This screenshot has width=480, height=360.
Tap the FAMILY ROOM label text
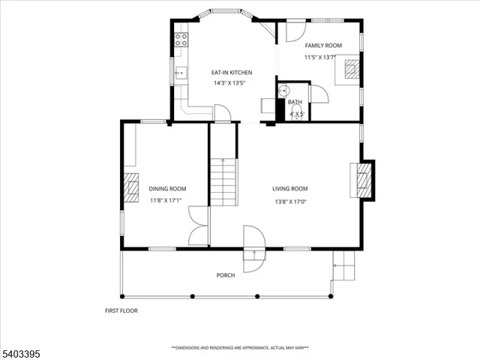coord(322,46)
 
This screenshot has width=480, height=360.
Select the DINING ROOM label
coord(167,189)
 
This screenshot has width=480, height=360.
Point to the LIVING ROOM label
coord(289,189)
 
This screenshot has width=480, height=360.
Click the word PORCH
coord(226,275)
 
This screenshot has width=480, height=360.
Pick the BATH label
coord(295,102)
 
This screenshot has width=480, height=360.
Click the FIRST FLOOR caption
coord(121,310)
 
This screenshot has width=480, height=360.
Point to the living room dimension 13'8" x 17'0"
coord(289,201)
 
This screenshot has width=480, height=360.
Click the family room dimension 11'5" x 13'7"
coord(322,58)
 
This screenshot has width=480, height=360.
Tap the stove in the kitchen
coord(181,41)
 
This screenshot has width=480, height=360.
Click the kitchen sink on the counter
coord(181,73)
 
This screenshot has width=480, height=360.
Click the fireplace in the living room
coord(364,180)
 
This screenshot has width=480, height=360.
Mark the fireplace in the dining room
coord(131,188)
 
